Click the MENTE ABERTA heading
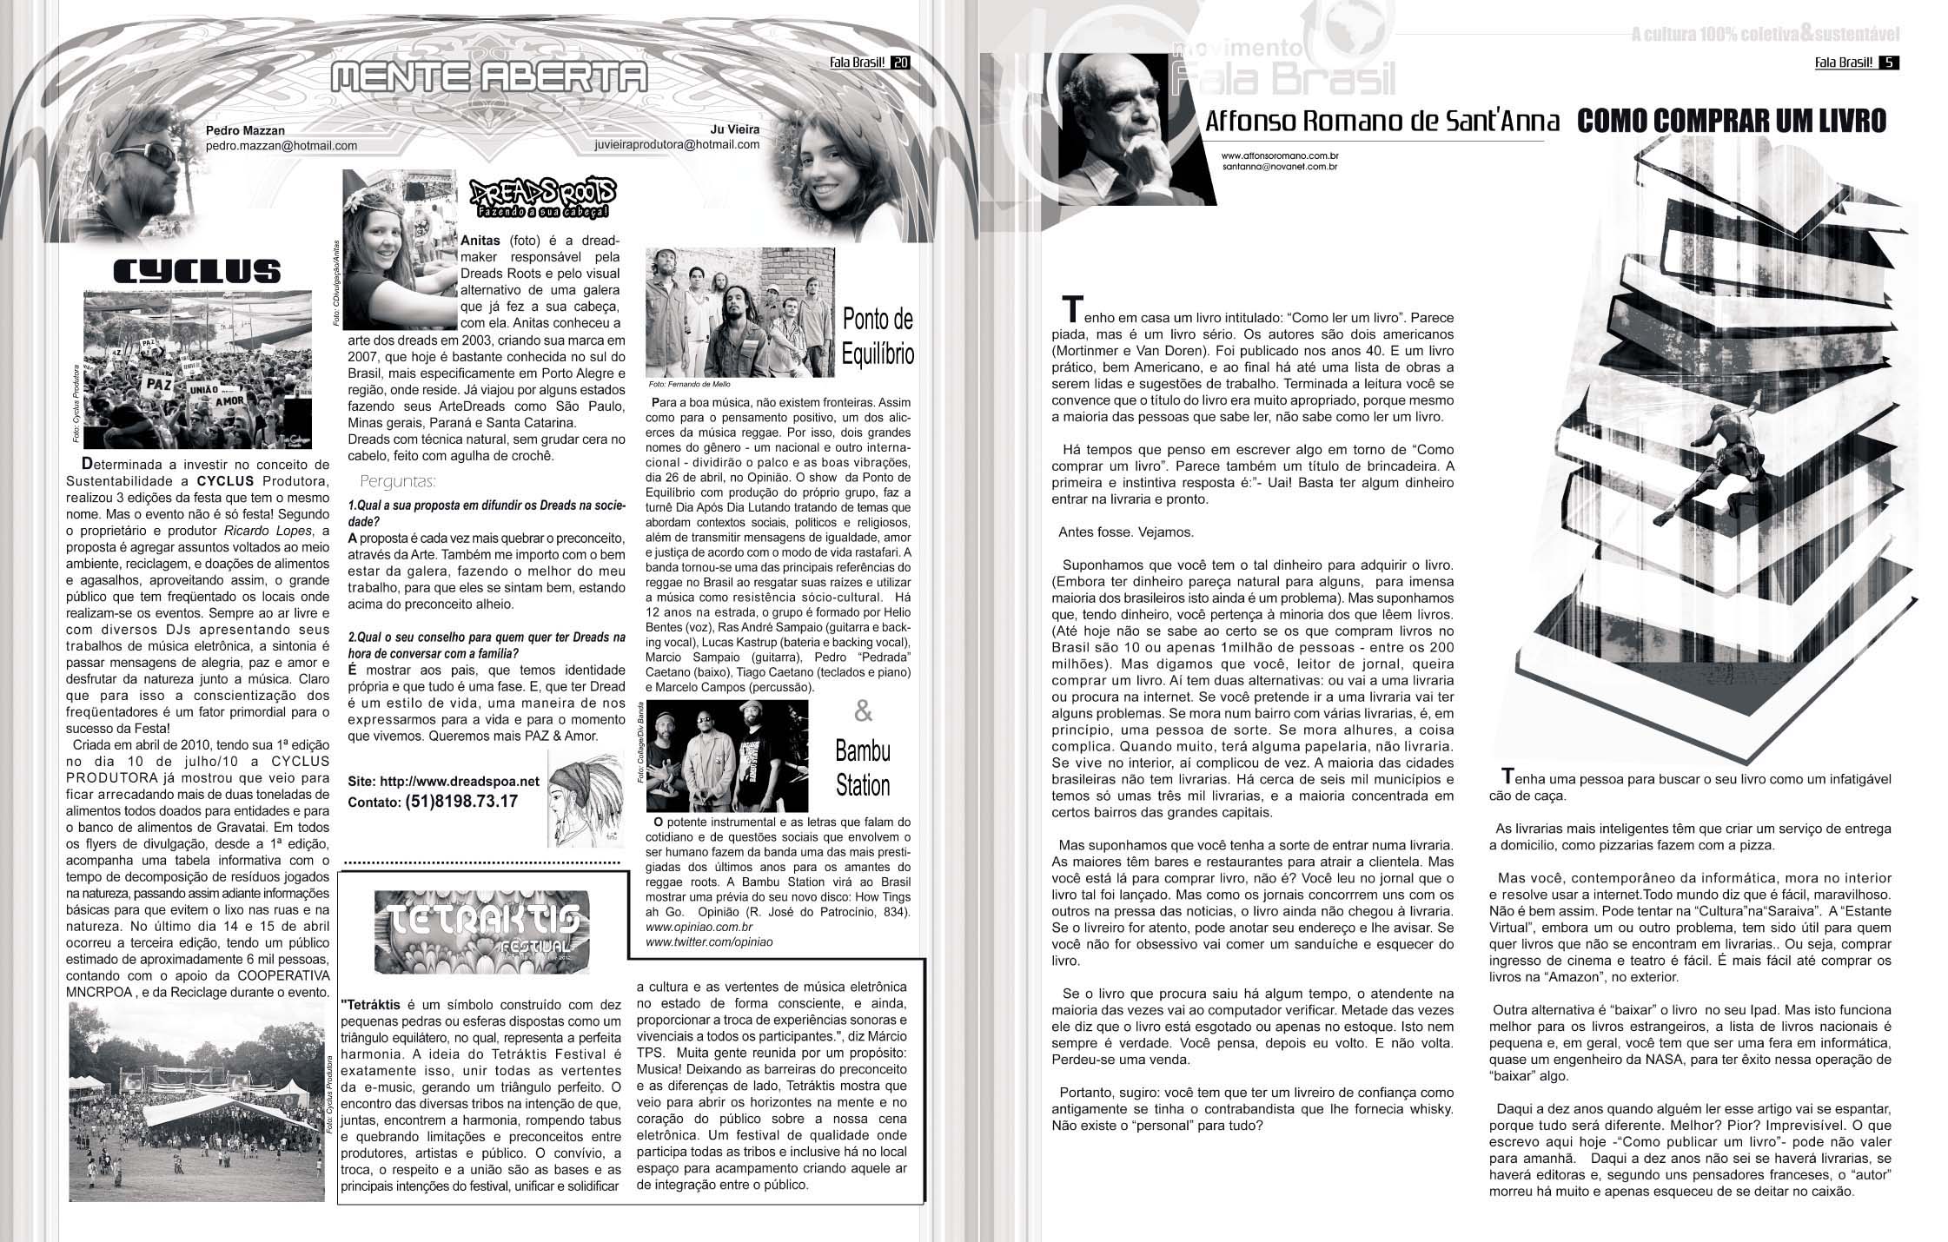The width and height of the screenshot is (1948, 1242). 489,79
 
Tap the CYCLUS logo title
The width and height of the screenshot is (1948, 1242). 197,273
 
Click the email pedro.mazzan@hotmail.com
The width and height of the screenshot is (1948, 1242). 282,146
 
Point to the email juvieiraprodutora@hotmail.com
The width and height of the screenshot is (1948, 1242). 678,145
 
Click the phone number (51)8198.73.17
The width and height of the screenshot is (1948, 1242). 461,801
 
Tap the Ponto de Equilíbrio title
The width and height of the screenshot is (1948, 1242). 878,337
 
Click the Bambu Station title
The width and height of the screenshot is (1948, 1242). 863,768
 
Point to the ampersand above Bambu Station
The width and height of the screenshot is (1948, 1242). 863,712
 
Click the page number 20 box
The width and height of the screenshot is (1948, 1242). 900,62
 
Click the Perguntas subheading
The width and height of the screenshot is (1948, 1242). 397,481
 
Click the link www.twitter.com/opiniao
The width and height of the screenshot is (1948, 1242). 709,941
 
